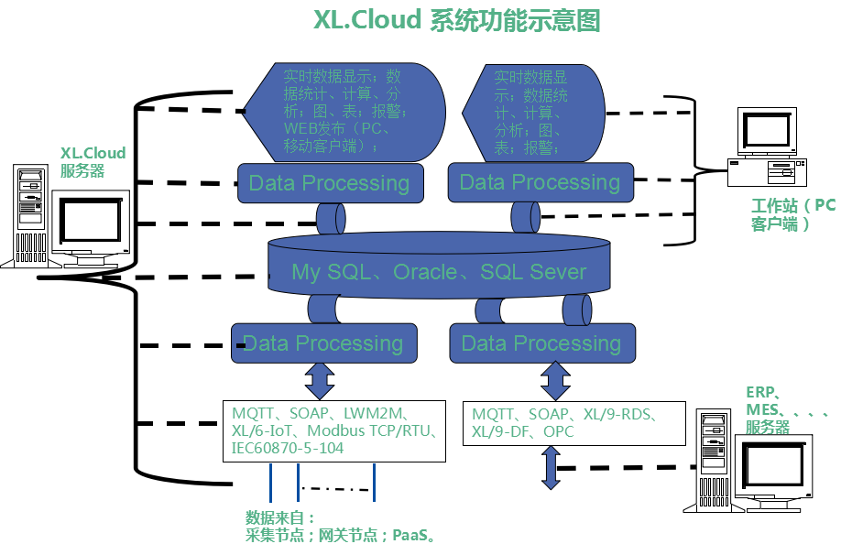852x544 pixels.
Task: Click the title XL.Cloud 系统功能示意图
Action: pos(456,21)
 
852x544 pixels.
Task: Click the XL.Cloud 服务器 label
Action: pos(92,161)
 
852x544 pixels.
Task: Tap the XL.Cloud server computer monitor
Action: pos(91,221)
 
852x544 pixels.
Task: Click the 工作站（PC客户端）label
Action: pos(792,214)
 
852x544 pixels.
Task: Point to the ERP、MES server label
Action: pos(779,409)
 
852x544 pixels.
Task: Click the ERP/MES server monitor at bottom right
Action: pos(775,467)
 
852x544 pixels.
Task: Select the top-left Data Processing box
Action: pos(330,183)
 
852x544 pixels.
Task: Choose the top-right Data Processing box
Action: pos(541,182)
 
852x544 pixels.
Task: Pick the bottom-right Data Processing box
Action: pos(541,343)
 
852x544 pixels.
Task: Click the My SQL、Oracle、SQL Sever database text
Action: pos(439,272)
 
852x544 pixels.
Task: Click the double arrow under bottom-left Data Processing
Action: pos(320,379)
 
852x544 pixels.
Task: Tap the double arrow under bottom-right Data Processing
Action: pos(555,379)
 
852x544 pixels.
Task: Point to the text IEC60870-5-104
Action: pos(287,448)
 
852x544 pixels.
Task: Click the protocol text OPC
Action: pos(558,430)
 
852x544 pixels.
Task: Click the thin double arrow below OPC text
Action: pos(551,467)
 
